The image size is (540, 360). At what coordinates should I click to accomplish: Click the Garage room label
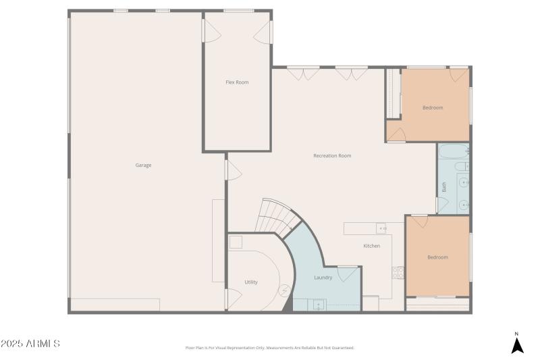click(x=143, y=165)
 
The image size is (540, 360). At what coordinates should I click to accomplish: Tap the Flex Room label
click(x=237, y=82)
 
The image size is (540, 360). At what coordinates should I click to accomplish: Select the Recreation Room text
click(x=332, y=156)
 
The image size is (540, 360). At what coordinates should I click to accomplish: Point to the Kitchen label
click(x=371, y=246)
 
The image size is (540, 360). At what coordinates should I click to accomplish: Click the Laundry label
click(x=323, y=278)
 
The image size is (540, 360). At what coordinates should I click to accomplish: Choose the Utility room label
click(x=251, y=282)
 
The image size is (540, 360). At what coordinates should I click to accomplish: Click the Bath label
click(x=444, y=187)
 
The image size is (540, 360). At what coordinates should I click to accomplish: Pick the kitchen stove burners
click(x=398, y=273)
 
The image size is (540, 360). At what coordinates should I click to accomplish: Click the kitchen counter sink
click(x=381, y=228)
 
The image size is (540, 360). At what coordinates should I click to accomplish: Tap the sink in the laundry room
click(x=317, y=305)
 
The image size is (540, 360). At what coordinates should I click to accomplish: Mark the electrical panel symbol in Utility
click(x=285, y=290)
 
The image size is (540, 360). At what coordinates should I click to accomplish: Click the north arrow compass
click(x=517, y=344)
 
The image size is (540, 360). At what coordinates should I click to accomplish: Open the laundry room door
click(x=348, y=274)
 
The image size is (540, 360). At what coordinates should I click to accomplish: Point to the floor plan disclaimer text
click(x=269, y=348)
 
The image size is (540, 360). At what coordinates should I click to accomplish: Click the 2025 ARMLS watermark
click(x=30, y=344)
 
